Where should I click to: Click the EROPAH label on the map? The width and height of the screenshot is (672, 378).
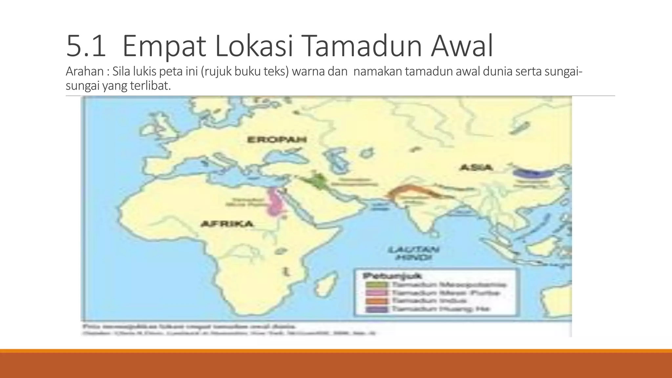click(x=277, y=140)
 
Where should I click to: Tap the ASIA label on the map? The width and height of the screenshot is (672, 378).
click(x=476, y=167)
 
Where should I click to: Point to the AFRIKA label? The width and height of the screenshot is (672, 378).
click(x=227, y=224)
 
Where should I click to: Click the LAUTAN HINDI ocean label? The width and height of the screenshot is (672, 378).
click(x=413, y=253)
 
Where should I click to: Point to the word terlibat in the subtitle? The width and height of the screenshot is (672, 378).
click(x=154, y=86)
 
